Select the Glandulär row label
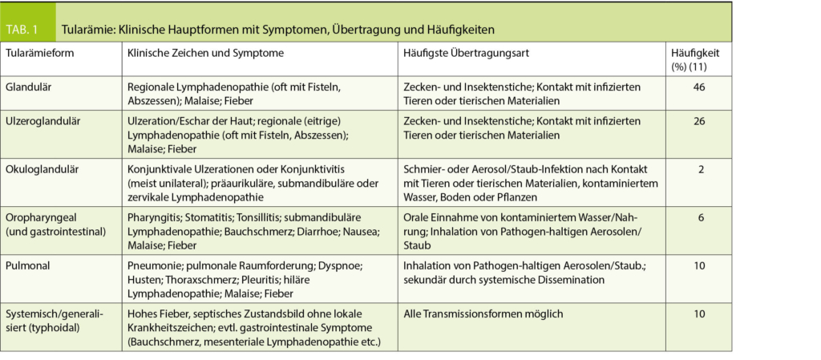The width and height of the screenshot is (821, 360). click(28, 86)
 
